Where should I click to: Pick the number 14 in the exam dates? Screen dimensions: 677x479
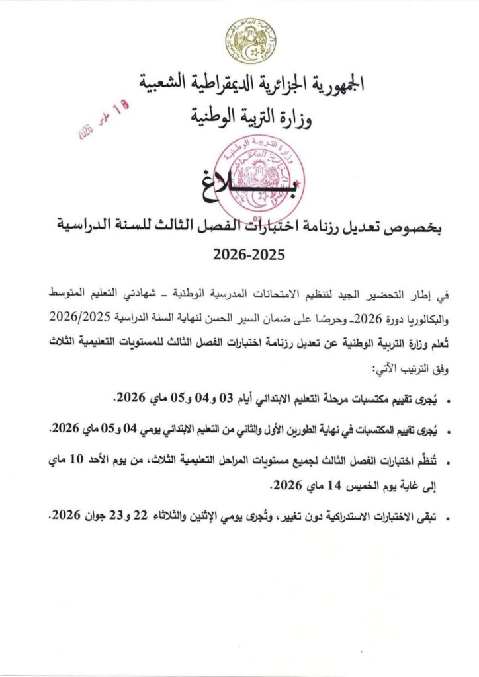pos(318,487)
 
